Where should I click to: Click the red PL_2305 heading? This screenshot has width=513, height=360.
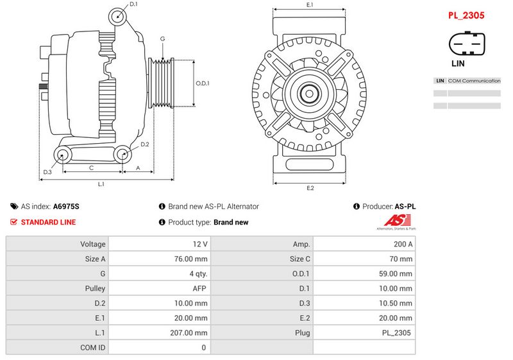[x=466, y=15]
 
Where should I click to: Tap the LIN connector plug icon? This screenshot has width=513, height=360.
[x=467, y=44]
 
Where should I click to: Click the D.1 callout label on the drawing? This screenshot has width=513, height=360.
[x=133, y=4]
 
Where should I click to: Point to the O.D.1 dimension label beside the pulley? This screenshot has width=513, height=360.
[x=203, y=83]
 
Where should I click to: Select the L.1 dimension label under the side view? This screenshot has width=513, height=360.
[x=101, y=184]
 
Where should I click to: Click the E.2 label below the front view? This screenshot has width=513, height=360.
[x=310, y=188]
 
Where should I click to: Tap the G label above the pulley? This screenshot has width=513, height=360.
[x=163, y=39]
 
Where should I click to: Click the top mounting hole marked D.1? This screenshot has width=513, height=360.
[x=117, y=17]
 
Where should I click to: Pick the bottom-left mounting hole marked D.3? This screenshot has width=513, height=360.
[x=62, y=155]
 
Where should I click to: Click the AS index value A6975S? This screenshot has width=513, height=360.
[x=66, y=207]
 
